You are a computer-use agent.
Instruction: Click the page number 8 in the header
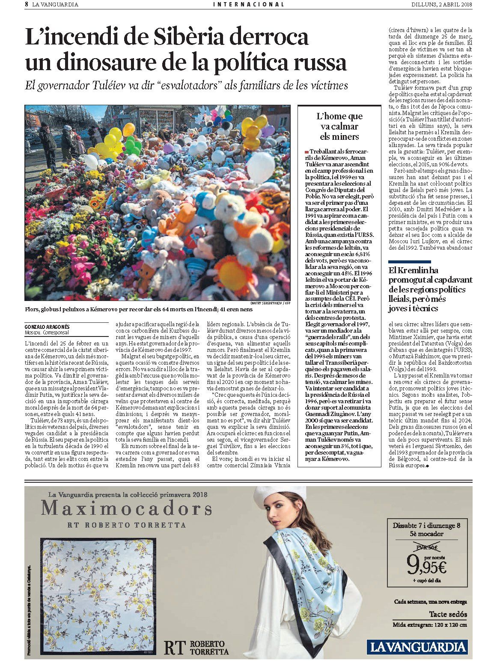(x=27, y=4)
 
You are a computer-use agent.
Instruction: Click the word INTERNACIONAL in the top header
(x=248, y=4)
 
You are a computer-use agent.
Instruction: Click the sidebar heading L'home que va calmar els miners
(x=339, y=126)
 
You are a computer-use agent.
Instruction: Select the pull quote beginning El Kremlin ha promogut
(x=430, y=289)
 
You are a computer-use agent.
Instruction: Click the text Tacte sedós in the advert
(x=448, y=614)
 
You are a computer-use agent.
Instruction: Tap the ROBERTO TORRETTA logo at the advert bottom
(x=197, y=647)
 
